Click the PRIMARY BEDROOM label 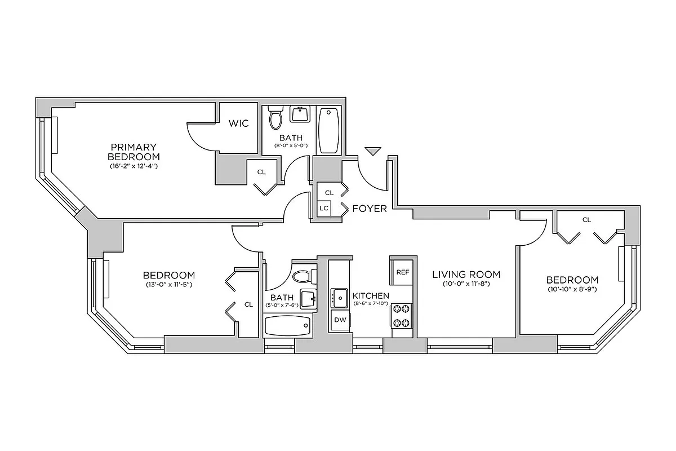(134, 152)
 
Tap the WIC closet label (238, 123)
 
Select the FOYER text (370, 209)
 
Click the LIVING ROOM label (466, 275)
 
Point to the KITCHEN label (371, 295)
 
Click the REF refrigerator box (402, 272)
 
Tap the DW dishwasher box (340, 320)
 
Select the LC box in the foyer (324, 207)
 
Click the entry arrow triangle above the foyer (372, 151)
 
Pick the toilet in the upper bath (275, 118)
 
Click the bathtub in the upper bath (328, 129)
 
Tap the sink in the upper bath (300, 114)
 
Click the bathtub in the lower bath (287, 326)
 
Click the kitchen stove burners (402, 316)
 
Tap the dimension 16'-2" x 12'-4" (134, 166)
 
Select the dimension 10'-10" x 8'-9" (572, 289)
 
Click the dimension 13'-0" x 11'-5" (168, 285)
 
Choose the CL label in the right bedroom (586, 220)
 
